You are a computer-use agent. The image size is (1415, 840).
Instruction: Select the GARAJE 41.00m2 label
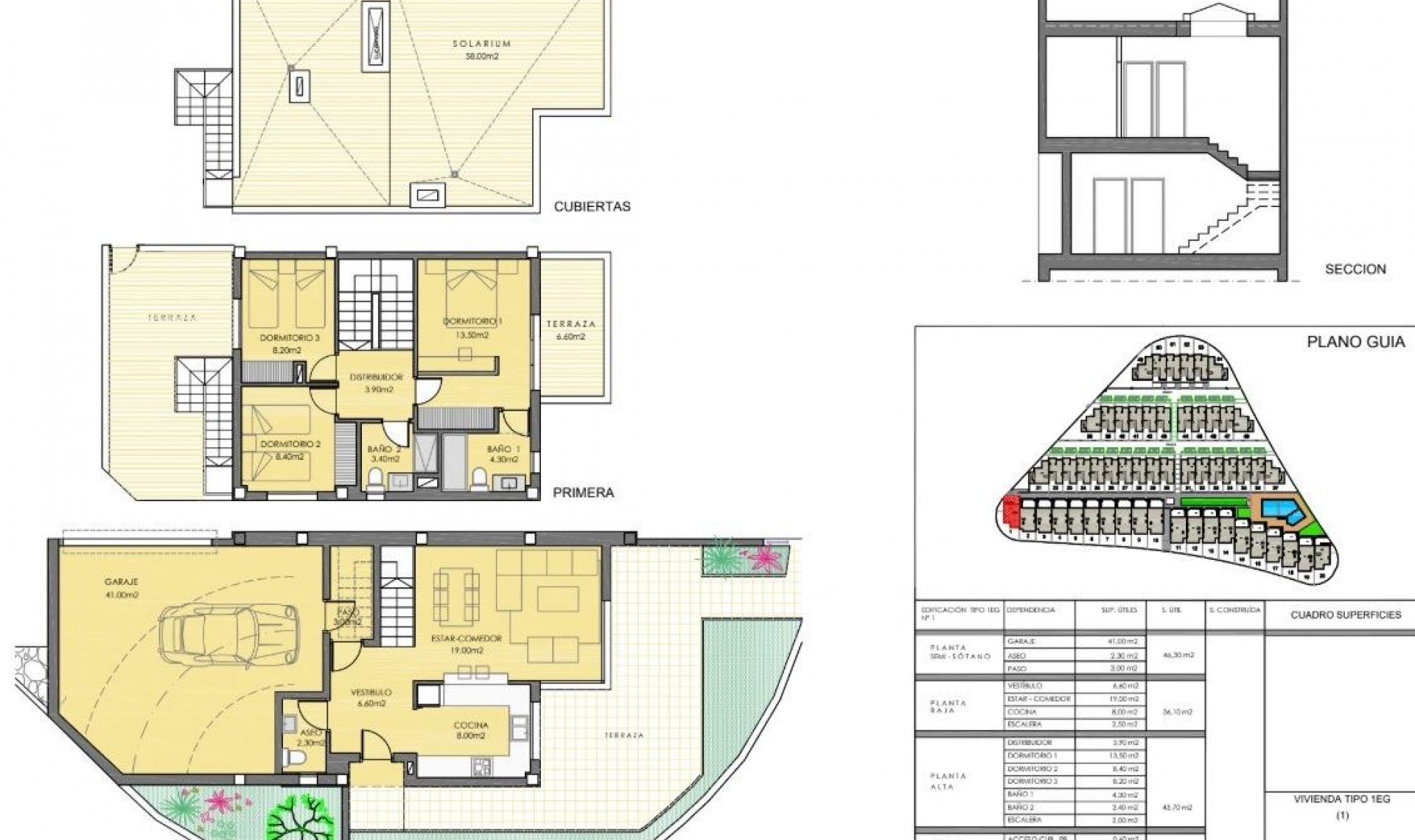[122, 587]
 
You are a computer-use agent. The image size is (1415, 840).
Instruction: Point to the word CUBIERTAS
[592, 206]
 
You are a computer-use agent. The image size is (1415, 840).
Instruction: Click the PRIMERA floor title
[583, 493]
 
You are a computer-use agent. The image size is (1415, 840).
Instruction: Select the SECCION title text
[1355, 269]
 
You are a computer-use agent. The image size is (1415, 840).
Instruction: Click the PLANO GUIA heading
[1355, 343]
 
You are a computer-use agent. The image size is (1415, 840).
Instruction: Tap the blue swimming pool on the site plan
[1276, 510]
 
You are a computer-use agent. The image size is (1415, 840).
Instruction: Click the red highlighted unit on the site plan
[1011, 509]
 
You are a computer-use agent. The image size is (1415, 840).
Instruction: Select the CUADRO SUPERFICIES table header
[1345, 615]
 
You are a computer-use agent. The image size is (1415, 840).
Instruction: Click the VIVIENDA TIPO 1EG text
[1341, 799]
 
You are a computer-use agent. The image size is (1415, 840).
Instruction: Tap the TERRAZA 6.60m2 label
[570, 329]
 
